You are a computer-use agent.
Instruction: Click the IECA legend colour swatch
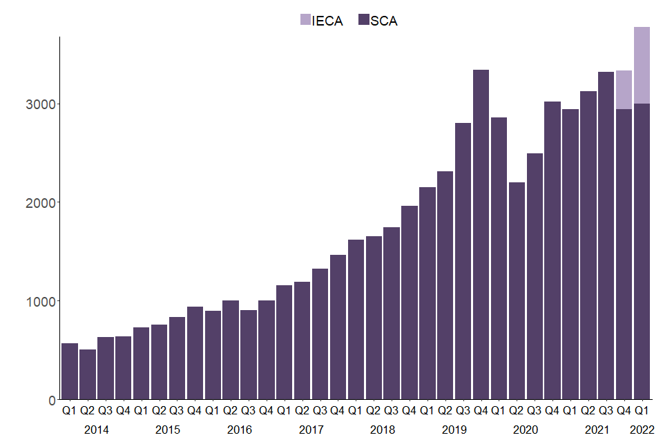[305, 20]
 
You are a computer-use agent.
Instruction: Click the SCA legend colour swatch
[363, 20]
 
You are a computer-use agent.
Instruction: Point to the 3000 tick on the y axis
[46, 104]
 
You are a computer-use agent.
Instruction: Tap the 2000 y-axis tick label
[46, 202]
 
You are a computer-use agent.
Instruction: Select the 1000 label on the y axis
[46, 301]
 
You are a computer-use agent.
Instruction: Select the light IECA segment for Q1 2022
[642, 65]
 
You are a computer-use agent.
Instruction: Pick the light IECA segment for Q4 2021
[624, 90]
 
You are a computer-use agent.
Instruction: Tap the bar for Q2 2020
[517, 291]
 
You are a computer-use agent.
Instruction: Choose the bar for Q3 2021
[606, 236]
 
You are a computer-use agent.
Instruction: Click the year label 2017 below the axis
[311, 430]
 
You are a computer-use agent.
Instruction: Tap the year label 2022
[642, 430]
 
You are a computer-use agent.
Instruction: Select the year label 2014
[97, 430]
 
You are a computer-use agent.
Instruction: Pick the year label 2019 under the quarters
[454, 430]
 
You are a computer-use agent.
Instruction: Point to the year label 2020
[526, 430]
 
